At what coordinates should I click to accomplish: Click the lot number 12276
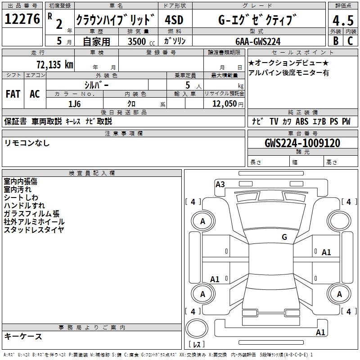pyautogui.click(x=22, y=19)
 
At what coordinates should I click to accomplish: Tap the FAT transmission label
pyautogui.click(x=13, y=94)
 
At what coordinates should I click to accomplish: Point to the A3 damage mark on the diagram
pyautogui.click(x=220, y=184)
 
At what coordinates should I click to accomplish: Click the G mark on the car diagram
pyautogui.click(x=284, y=237)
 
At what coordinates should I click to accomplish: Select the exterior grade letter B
pyautogui.click(x=336, y=41)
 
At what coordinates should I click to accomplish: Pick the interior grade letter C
pyautogui.click(x=350, y=41)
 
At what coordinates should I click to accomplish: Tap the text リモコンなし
pyautogui.click(x=27, y=143)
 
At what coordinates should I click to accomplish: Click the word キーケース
pyautogui.click(x=23, y=336)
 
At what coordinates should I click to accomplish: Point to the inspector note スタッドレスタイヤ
pyautogui.click(x=34, y=229)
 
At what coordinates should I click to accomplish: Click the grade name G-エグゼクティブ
pyautogui.click(x=258, y=20)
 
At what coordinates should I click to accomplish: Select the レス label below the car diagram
pyautogui.click(x=197, y=345)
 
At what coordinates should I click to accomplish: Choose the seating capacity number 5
pyautogui.click(x=187, y=85)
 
